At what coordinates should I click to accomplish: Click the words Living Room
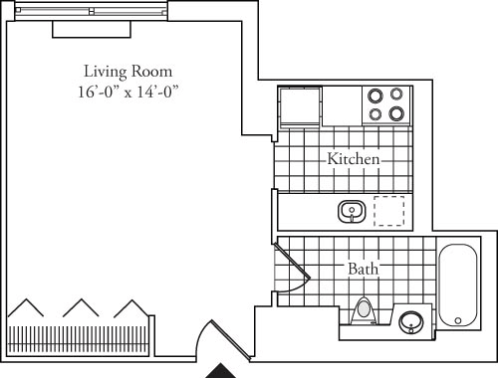(127, 72)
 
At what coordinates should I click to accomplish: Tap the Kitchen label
(353, 159)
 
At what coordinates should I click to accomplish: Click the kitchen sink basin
(351, 211)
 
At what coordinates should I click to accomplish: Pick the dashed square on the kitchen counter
(388, 211)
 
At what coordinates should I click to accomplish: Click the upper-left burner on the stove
(375, 96)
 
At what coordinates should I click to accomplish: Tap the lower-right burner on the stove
(396, 113)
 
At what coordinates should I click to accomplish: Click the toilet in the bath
(365, 310)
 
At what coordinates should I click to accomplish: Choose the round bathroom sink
(410, 321)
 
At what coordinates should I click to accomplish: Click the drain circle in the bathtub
(458, 321)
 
